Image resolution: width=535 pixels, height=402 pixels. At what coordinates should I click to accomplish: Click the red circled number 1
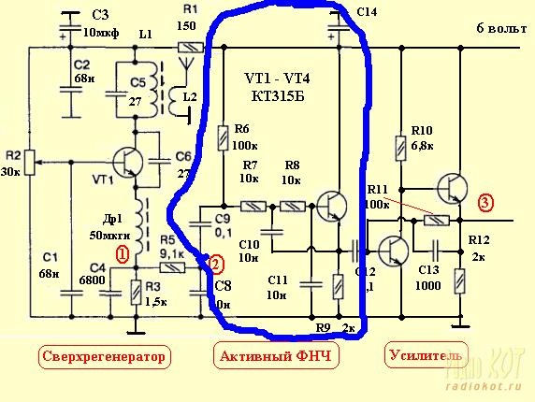click(121, 253)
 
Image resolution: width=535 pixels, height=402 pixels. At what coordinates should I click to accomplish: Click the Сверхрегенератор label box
click(108, 355)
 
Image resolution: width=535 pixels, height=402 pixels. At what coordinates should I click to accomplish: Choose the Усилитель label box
click(424, 355)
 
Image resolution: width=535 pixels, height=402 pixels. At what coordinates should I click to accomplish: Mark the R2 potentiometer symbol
click(29, 163)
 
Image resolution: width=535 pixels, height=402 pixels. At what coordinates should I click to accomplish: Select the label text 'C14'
click(368, 11)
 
